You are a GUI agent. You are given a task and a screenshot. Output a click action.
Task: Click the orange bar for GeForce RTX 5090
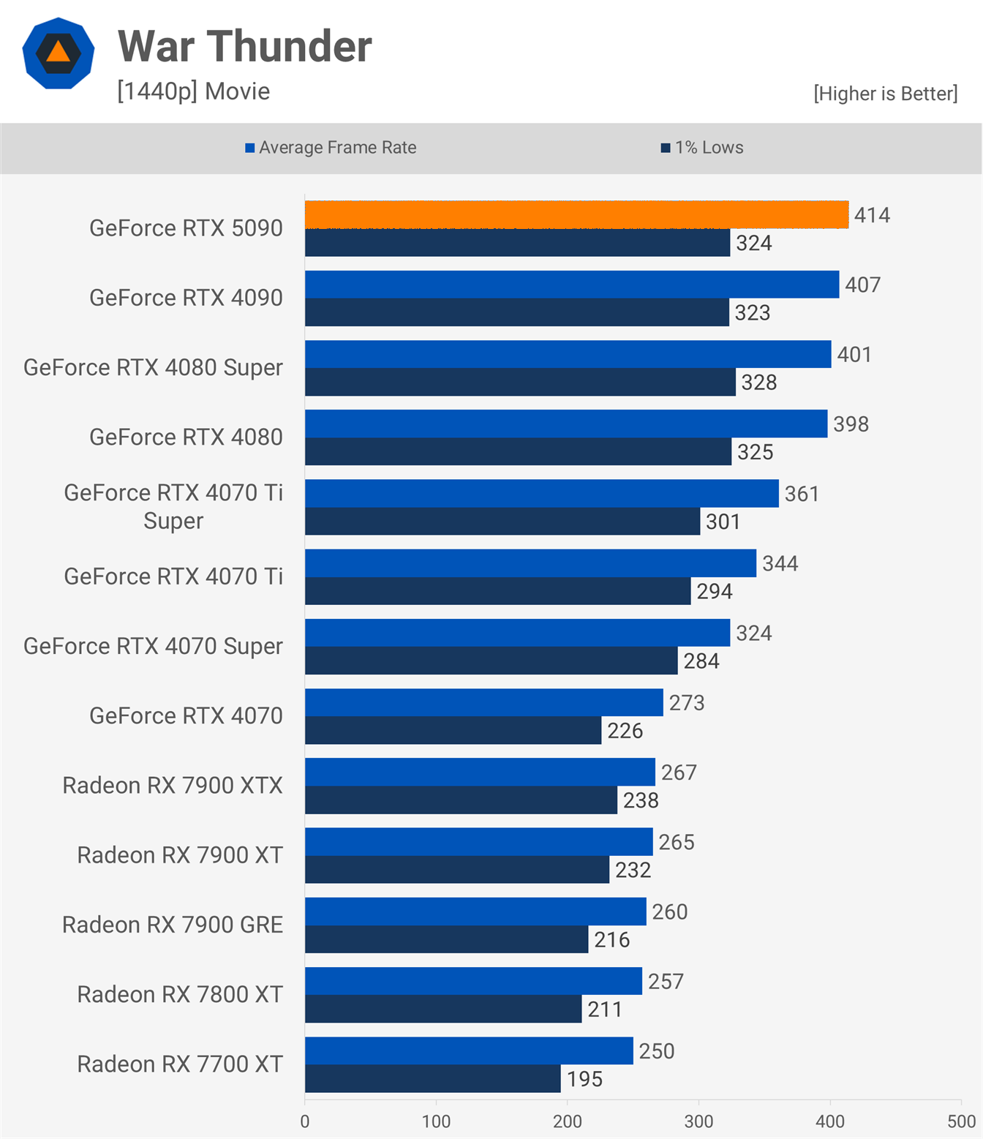(x=576, y=214)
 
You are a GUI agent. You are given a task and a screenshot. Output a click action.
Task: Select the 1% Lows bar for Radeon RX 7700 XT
(x=432, y=1079)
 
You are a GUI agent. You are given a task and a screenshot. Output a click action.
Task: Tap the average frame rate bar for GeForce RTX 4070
(x=483, y=702)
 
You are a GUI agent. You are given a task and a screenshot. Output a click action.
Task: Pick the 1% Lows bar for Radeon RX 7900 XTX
(x=461, y=800)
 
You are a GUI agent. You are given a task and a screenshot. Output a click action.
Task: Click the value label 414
(x=872, y=215)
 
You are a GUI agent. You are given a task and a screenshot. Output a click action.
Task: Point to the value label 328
(x=758, y=383)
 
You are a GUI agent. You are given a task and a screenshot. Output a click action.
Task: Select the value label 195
(x=584, y=1079)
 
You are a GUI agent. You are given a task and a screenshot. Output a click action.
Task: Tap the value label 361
(x=802, y=494)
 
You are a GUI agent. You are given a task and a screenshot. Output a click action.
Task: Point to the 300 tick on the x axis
(x=698, y=1121)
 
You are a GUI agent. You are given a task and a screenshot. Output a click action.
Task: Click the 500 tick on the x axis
(x=961, y=1121)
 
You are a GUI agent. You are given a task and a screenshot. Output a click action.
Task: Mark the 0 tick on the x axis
(x=305, y=1121)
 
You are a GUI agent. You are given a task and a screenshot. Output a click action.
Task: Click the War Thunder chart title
(x=245, y=47)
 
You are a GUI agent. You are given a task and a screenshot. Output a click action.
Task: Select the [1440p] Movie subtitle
(x=194, y=91)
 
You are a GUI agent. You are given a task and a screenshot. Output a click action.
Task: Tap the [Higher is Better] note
(x=885, y=94)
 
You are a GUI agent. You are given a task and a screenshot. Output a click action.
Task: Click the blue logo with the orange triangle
(x=59, y=53)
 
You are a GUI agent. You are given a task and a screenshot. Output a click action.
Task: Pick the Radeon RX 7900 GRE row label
(x=173, y=925)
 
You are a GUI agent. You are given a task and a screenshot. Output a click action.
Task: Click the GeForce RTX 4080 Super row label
(x=153, y=367)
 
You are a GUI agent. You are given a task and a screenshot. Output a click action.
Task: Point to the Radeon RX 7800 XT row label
(x=180, y=994)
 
